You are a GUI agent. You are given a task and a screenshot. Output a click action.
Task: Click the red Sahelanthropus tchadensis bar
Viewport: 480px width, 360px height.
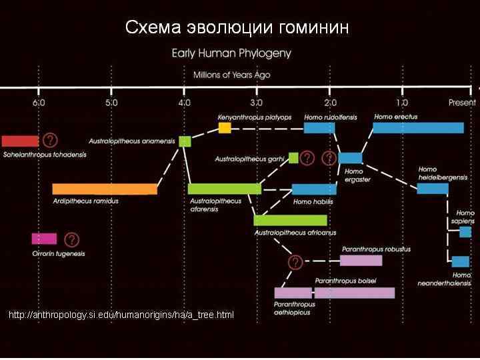click(x=20, y=141)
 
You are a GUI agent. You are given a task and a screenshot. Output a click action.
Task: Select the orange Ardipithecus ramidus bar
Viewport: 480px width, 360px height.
click(x=105, y=189)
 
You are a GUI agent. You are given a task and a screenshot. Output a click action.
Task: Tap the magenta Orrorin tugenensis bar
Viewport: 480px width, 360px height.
click(x=44, y=239)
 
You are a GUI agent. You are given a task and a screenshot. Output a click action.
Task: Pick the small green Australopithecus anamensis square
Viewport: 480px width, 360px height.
click(x=185, y=141)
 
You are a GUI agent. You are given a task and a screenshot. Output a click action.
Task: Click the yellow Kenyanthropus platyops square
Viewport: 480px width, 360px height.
click(x=225, y=127)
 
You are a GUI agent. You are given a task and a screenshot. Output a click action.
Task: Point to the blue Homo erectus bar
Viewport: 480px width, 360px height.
click(x=418, y=127)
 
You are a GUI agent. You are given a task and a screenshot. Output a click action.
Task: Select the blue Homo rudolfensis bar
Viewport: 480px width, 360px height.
click(x=319, y=127)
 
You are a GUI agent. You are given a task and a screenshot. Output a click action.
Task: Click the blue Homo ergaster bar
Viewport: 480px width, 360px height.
click(x=350, y=158)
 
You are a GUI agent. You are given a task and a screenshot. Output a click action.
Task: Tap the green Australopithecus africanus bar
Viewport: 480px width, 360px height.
click(x=290, y=220)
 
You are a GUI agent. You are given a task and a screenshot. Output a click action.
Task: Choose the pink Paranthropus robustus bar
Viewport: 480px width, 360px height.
click(x=361, y=260)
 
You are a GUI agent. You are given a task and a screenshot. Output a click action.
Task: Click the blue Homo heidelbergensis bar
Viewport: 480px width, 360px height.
click(x=433, y=189)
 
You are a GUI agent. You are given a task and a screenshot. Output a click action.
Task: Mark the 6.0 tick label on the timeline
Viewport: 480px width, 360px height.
click(x=39, y=103)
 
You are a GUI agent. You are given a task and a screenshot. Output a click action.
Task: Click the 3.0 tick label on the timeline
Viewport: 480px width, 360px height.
click(x=257, y=103)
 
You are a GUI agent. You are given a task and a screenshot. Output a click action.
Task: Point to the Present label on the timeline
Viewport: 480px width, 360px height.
click(x=462, y=103)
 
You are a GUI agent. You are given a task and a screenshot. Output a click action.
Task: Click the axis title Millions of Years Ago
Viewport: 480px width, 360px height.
click(x=231, y=75)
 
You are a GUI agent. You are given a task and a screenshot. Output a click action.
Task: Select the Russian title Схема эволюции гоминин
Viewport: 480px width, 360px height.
click(x=237, y=28)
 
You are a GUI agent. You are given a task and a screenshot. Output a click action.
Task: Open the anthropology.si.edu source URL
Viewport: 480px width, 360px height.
click(x=121, y=315)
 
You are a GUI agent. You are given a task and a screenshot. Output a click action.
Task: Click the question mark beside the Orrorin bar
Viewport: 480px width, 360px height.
click(x=71, y=239)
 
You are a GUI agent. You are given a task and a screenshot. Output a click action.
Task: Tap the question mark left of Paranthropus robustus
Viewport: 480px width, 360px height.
click(x=295, y=261)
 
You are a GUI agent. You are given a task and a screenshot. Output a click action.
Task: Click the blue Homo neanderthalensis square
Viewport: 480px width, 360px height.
click(x=460, y=261)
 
